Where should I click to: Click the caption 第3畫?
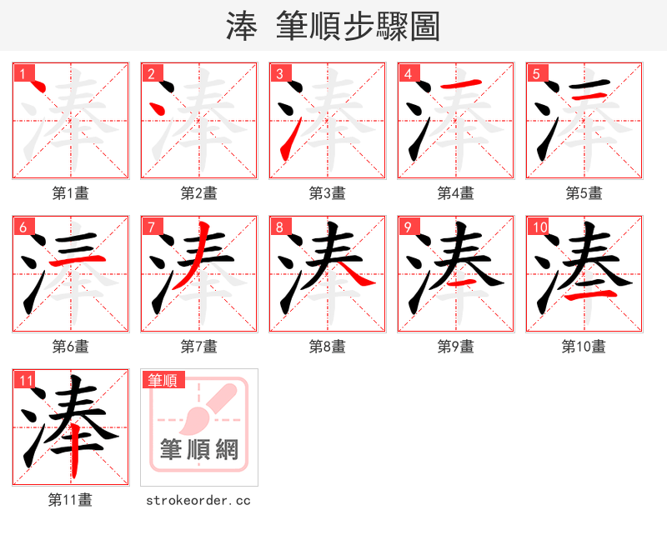[327, 193]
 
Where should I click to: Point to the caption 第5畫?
[584, 193]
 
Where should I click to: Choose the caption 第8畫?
[327, 347]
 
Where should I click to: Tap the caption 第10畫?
[584, 347]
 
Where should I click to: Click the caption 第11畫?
[71, 500]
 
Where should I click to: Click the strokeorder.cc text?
[198, 501]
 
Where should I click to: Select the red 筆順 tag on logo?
[163, 381]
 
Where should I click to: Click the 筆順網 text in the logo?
[199, 451]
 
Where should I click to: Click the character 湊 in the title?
[241, 27]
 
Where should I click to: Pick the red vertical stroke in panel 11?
[74, 450]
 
